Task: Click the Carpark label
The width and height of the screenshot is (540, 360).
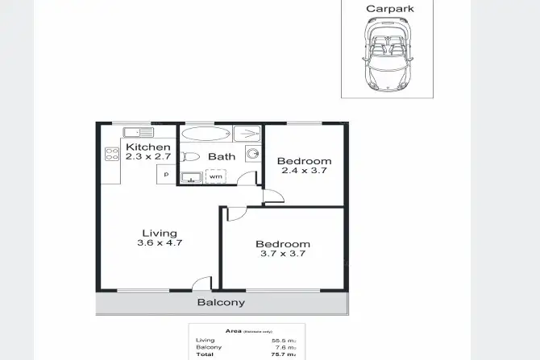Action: (x=391, y=9)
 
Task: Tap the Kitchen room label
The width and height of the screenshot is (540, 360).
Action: (x=148, y=147)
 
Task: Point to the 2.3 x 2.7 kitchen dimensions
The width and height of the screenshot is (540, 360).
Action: (x=148, y=157)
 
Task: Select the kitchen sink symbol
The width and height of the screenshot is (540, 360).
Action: (x=137, y=132)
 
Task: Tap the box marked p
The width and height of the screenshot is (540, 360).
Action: (x=166, y=174)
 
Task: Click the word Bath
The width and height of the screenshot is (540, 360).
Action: (x=222, y=156)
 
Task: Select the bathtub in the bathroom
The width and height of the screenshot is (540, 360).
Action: (x=206, y=133)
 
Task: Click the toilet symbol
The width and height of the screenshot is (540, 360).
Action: (x=190, y=156)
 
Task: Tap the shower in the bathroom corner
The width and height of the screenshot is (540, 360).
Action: (x=247, y=134)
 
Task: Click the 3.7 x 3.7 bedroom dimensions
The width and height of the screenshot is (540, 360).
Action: (x=282, y=254)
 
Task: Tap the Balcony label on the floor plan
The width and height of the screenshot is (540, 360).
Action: (x=221, y=303)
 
